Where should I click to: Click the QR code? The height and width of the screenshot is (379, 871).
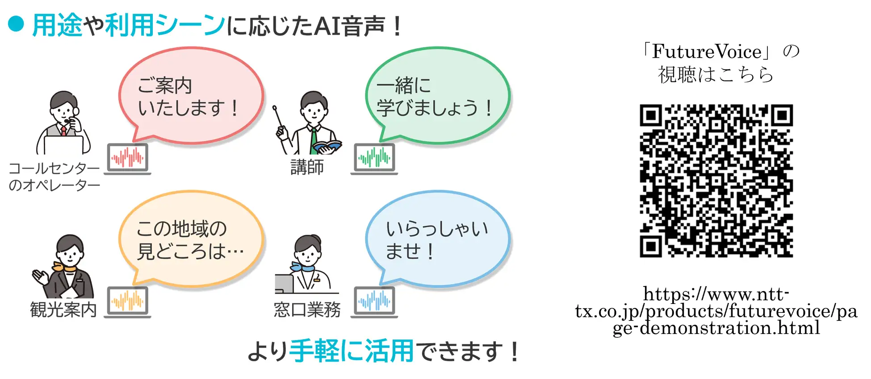[x=716, y=181]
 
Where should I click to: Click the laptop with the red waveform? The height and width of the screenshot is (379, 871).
[x=128, y=159]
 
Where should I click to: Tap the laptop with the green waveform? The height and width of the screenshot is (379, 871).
[x=374, y=159]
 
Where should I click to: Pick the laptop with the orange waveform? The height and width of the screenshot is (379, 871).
[x=128, y=302]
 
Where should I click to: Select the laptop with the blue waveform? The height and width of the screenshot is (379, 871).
[x=374, y=302]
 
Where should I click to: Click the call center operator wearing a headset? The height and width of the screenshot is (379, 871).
[x=63, y=123]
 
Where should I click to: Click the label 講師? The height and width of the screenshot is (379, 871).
[x=307, y=167]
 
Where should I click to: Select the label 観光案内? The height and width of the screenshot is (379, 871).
[x=63, y=309]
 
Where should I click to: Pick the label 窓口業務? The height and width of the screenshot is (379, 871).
[x=307, y=309]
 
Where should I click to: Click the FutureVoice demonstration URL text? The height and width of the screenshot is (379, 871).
[x=716, y=311]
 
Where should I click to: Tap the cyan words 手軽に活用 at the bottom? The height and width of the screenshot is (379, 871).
[x=352, y=351]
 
